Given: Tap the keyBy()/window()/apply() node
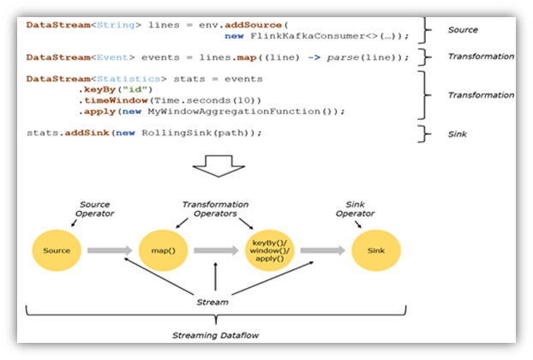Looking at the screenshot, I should [x=270, y=250].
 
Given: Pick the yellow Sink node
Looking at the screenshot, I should [x=375, y=251].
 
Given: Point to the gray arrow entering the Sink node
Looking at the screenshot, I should [x=323, y=251].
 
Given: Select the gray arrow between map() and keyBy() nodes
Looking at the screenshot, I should [x=216, y=251].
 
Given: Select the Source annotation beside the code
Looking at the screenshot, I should [x=463, y=30].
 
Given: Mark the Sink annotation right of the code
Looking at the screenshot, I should [x=457, y=133].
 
